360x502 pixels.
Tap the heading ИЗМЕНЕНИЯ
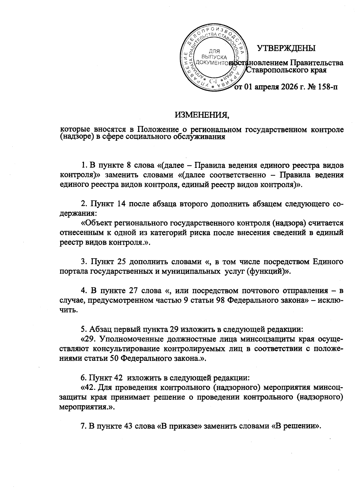click(202, 115)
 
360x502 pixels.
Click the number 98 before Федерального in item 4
click(221, 301)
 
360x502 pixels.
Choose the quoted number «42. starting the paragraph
click(89, 388)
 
